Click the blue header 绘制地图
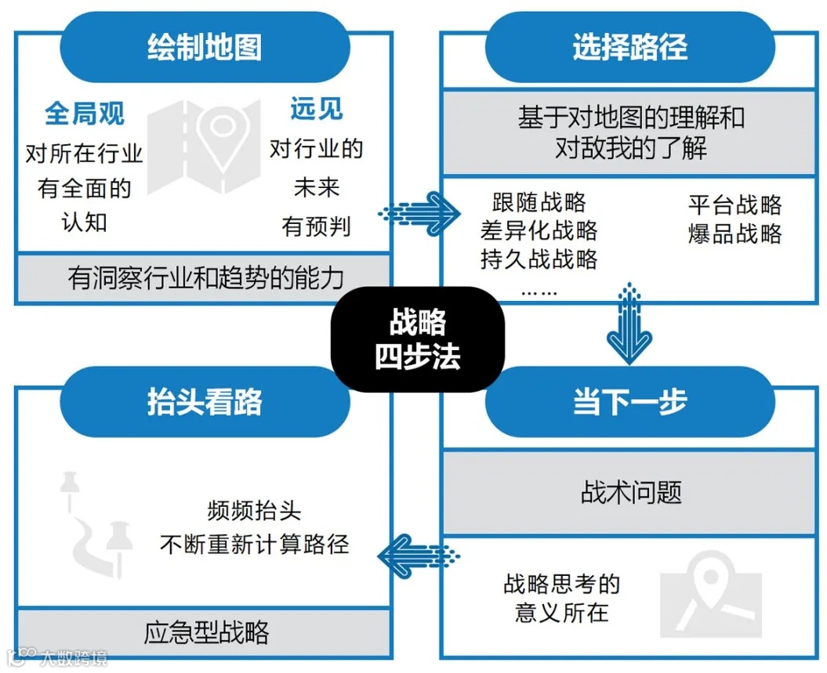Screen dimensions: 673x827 [205, 48]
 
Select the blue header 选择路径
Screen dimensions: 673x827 [629, 48]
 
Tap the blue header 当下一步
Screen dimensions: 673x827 [629, 402]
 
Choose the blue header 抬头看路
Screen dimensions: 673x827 [205, 402]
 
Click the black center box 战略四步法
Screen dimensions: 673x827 [417, 338]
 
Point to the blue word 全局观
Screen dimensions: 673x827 [84, 114]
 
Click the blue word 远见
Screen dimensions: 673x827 [316, 109]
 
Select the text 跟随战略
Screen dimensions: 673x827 [539, 202]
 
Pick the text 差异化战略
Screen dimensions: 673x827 [539, 230]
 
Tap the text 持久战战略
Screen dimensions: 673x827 [539, 259]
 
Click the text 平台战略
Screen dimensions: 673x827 [735, 205]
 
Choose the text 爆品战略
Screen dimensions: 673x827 [735, 233]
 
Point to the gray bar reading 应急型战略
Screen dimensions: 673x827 [205, 632]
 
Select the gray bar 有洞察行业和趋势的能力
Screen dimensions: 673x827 [205, 277]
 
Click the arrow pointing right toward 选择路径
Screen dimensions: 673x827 [419, 211]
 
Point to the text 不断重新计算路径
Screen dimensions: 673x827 [254, 544]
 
